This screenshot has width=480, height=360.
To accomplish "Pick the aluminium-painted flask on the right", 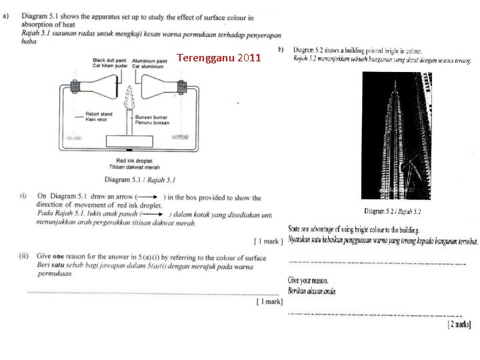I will pos(160,86).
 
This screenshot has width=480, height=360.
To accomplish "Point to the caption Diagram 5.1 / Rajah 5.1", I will pos(139,180).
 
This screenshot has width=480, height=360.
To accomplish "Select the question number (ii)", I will pos(23,255).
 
